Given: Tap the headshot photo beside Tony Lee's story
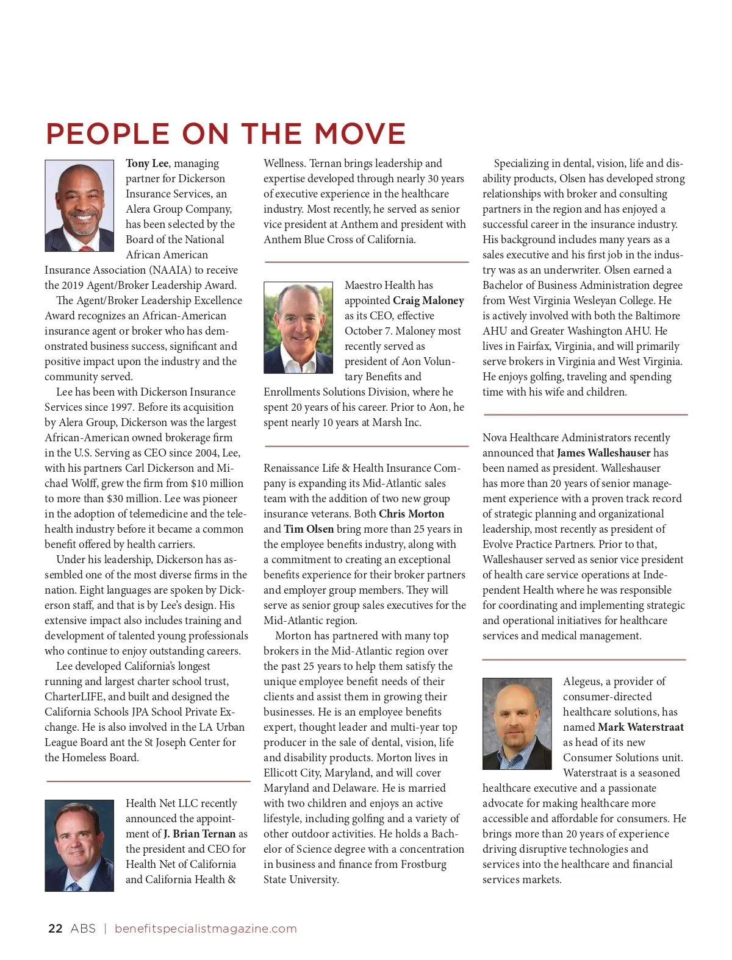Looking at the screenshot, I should tap(79, 206).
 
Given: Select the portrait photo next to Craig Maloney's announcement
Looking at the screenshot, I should tap(298, 327).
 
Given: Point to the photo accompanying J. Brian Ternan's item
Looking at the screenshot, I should tap(79, 845).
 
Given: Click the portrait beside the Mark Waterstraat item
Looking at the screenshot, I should tap(517, 724).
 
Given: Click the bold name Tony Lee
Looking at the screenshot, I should tap(147, 163).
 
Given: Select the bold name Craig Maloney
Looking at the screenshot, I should tap(428, 300).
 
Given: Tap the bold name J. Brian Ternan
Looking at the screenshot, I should tap(199, 834).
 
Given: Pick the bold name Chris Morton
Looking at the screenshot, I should tap(412, 514).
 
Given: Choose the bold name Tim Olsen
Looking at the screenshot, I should tap(309, 529).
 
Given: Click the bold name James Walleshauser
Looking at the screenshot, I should tap(604, 453).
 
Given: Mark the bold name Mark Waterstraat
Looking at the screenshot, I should tap(640, 727).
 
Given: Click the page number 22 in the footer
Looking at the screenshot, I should tap(55, 929).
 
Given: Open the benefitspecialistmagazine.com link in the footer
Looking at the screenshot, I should tap(206, 929).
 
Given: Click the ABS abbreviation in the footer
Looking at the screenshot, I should tap(83, 929).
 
